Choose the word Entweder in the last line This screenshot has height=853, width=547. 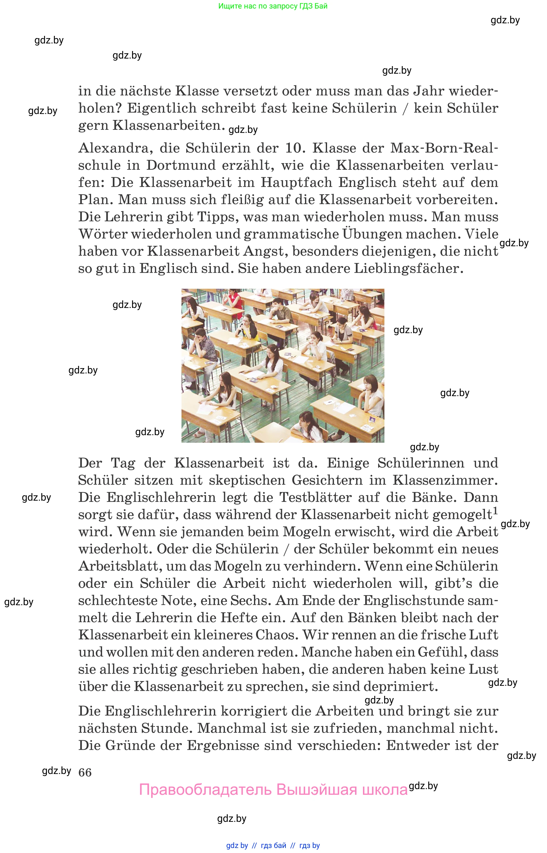(418, 745)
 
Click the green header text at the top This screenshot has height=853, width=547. (273, 6)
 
